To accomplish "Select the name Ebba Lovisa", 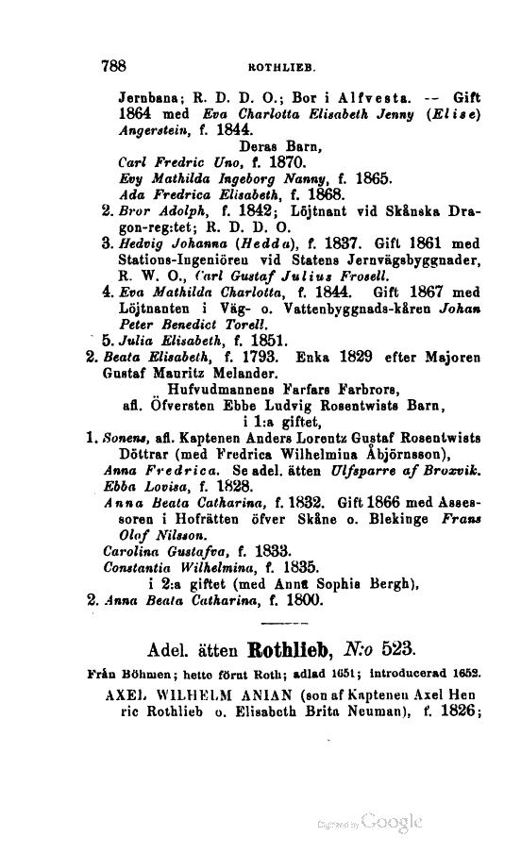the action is point(143,487).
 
